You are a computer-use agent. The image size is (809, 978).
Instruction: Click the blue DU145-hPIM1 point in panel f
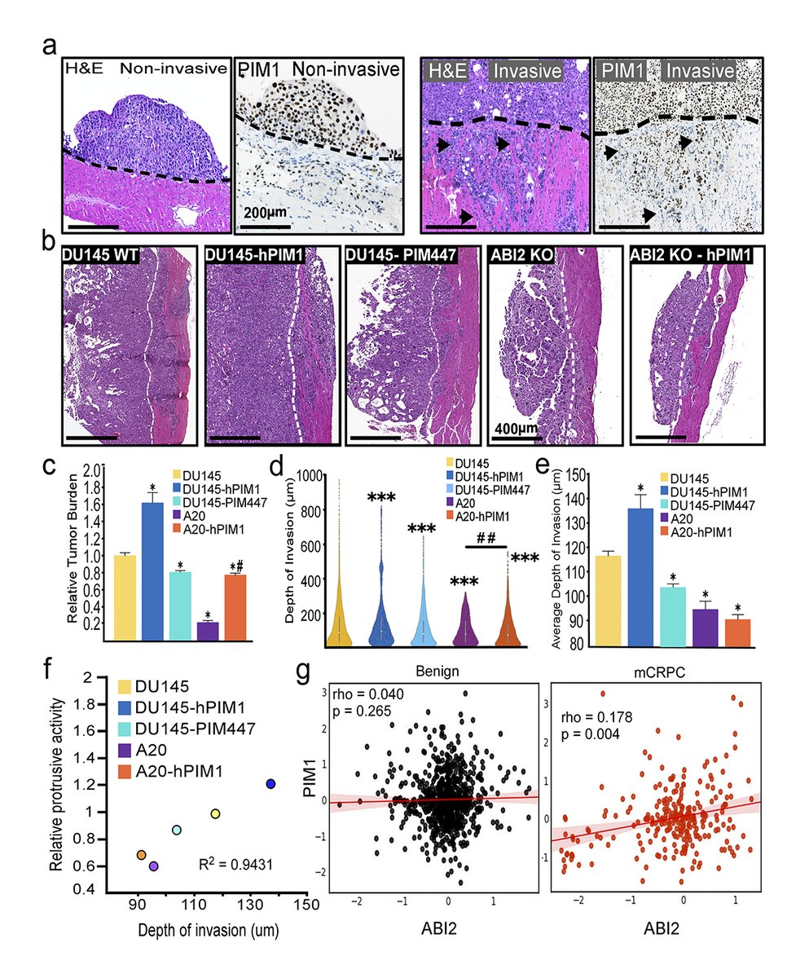click(x=271, y=784)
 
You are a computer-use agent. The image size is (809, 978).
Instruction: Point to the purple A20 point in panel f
click(x=154, y=866)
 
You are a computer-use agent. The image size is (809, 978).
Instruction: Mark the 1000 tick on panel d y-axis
click(x=306, y=476)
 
